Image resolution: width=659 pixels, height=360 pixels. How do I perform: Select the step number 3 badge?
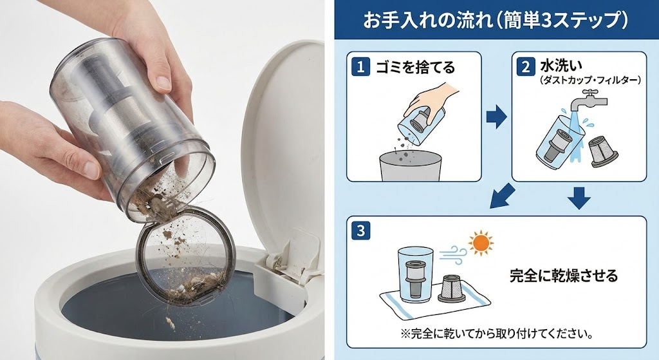361,230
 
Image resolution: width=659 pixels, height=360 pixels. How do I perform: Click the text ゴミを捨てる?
415,66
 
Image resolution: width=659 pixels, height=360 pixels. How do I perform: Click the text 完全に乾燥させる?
554,276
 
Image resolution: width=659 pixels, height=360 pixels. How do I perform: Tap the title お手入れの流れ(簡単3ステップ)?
495,21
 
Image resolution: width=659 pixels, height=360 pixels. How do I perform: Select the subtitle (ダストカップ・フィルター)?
581,80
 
